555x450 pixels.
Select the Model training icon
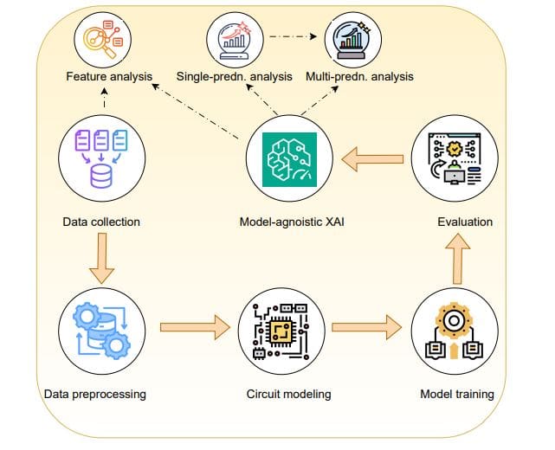[457, 330]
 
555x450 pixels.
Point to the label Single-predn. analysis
[235, 77]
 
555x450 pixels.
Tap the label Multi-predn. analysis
[359, 77]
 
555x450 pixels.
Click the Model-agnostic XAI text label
[287, 222]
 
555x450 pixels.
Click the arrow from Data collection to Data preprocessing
[101, 258]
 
